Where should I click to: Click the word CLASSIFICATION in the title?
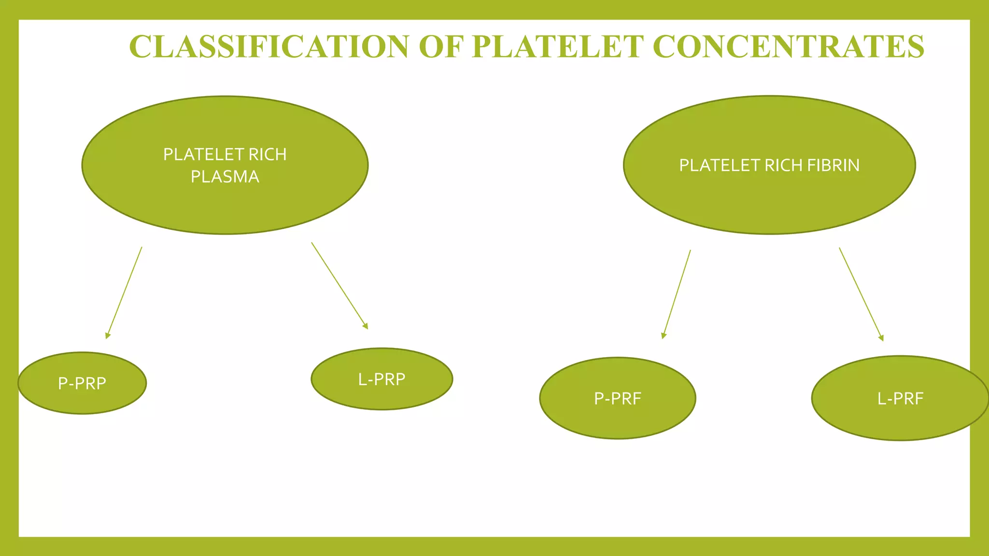pos(269,47)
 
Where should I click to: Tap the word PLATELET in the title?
pos(557,47)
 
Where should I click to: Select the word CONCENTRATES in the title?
pos(788,47)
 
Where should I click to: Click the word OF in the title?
pos(440,47)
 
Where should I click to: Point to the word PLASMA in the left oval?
pos(225,177)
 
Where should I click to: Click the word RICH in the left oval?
pos(267,154)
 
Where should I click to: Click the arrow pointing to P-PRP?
pos(124,292)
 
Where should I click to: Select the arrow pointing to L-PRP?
pos(339,285)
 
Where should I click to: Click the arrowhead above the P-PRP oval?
pos(108,335)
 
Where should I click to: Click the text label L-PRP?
pos(381,379)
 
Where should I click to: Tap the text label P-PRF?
pos(618,399)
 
